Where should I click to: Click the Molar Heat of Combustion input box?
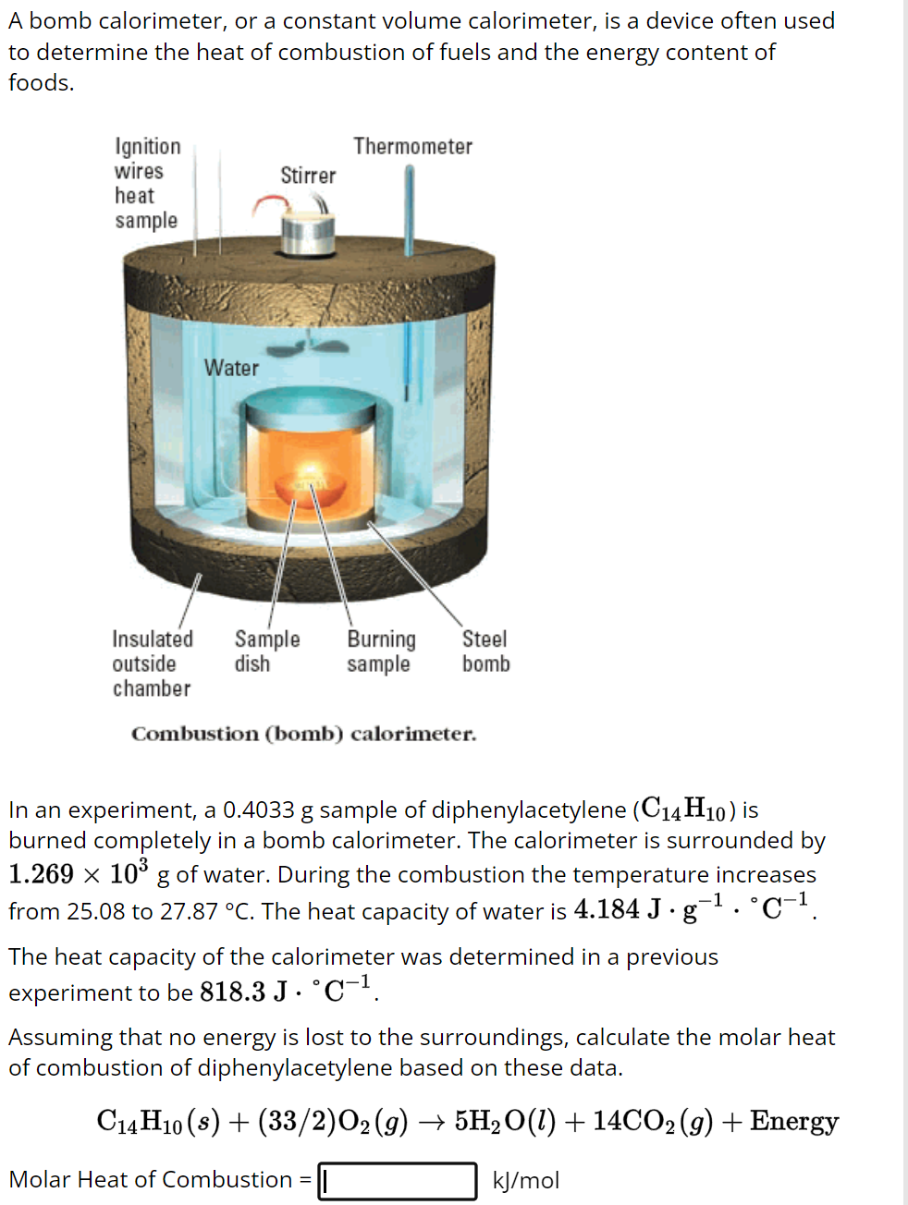[x=398, y=1181]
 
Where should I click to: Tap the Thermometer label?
[x=412, y=147]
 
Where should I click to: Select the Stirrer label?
[x=308, y=176]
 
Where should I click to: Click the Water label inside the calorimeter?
[x=231, y=368]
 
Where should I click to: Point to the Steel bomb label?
[x=485, y=651]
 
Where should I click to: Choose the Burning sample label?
[x=381, y=651]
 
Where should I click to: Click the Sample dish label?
[x=266, y=651]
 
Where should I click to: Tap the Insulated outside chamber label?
[x=153, y=663]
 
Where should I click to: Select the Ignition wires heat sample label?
[x=147, y=183]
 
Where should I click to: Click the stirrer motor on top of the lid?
[x=308, y=235]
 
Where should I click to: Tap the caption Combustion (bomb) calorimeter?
[x=303, y=735]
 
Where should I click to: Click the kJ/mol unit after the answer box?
[x=525, y=1181]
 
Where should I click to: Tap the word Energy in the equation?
[x=793, y=1121]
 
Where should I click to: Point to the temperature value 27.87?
[x=190, y=912]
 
